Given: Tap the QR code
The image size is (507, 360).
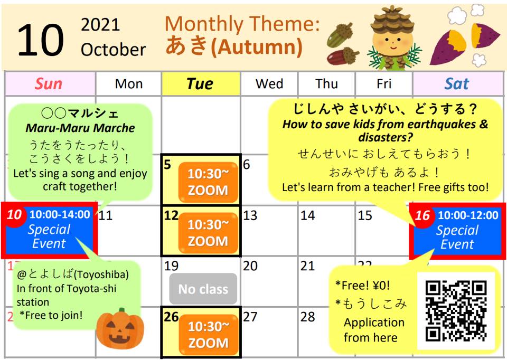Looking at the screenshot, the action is tap(456, 311).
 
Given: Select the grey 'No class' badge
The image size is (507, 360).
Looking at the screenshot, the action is tap(203, 289).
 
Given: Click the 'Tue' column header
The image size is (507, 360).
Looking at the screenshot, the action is tap(201, 84).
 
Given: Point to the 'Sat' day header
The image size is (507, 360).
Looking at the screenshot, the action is tap(456, 84).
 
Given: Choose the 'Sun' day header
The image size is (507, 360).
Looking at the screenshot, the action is tap(49, 84).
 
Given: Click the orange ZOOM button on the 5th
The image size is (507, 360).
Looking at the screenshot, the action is tap(208, 182).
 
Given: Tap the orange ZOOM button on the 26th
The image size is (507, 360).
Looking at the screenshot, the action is tap(208, 335).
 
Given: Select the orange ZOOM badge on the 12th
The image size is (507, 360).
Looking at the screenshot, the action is tap(208, 233).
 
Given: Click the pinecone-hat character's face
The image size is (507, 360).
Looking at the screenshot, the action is tap(393, 43).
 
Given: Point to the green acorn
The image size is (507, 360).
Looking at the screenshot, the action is tap(340, 35).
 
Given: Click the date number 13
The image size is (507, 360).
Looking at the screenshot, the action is tap(250, 215).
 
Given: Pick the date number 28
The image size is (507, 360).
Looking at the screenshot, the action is tap(307, 317).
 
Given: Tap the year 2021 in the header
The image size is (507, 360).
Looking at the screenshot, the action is tap(100, 25).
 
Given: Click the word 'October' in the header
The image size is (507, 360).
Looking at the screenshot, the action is tap(113, 50).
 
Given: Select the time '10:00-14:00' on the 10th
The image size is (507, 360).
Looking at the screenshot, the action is tap(60, 214).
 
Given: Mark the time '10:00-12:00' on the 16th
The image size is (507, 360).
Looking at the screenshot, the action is tap(468, 215).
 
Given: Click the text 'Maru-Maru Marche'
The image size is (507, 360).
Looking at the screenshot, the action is tap(80, 128).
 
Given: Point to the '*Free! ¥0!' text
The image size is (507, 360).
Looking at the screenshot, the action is tap(362, 286).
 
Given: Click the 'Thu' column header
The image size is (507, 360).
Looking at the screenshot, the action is tap(326, 84).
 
